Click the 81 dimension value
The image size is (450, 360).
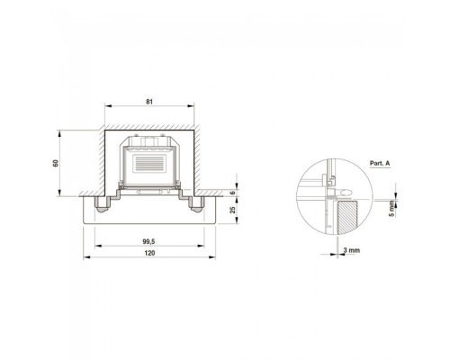point(149,102)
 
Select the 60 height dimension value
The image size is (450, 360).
point(56,163)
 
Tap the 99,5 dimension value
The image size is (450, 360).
point(148,241)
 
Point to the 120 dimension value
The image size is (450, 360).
point(149,253)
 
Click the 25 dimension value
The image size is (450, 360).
point(233,210)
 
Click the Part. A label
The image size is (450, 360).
point(380,164)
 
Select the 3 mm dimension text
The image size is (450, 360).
point(352,250)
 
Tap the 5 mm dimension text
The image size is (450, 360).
point(392,209)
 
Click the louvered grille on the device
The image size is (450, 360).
point(149,163)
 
